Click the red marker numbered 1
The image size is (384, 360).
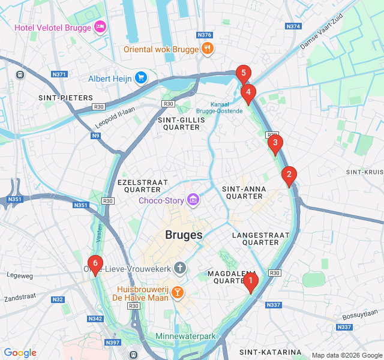(251, 280)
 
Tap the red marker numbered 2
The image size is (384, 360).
(289, 175)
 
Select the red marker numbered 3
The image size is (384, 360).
(275, 143)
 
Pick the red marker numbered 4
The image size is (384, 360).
(248, 93)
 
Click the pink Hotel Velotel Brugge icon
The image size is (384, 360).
(100, 27)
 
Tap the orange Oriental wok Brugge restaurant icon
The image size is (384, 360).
(207, 49)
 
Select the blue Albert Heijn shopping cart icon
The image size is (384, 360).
(141, 78)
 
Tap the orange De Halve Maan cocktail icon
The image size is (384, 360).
(177, 293)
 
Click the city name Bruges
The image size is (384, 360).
(184, 235)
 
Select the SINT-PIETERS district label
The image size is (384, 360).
(65, 97)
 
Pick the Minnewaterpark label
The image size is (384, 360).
(185, 337)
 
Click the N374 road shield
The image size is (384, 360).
(293, 26)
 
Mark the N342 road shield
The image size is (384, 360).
(95, 319)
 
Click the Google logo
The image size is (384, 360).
(20, 353)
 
